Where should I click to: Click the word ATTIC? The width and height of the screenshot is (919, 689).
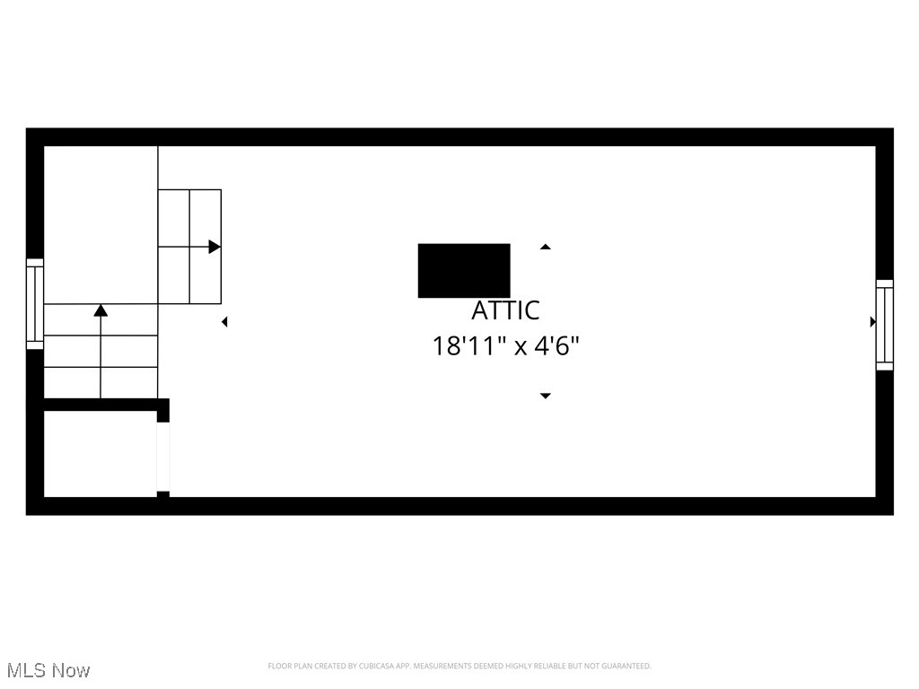coord(506,310)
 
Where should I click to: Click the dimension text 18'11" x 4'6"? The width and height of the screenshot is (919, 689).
coord(506,346)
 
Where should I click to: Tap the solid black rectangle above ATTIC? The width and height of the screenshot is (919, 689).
coord(464,270)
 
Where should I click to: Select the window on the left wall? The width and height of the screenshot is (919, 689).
coord(35,304)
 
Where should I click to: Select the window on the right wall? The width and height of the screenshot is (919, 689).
coord(885,325)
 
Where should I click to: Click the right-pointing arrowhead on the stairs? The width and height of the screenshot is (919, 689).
coord(214,247)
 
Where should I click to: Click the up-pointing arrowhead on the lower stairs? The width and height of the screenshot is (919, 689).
coord(101,310)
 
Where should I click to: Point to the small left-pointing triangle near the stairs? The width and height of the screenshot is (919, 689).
coord(224,321)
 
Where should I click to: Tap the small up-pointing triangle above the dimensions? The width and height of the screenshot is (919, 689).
coord(545,247)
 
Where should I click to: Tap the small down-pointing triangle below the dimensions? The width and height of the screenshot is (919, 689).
coord(545,396)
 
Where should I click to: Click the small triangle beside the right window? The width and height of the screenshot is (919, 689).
coord(872,322)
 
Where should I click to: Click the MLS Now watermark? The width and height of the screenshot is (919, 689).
coord(48,670)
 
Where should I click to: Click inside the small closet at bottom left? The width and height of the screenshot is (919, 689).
coord(99,454)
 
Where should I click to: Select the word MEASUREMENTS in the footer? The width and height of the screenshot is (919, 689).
coord(442,666)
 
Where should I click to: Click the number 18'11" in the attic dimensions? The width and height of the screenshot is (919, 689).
coord(465,346)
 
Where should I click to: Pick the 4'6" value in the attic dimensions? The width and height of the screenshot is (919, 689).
coord(557,346)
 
